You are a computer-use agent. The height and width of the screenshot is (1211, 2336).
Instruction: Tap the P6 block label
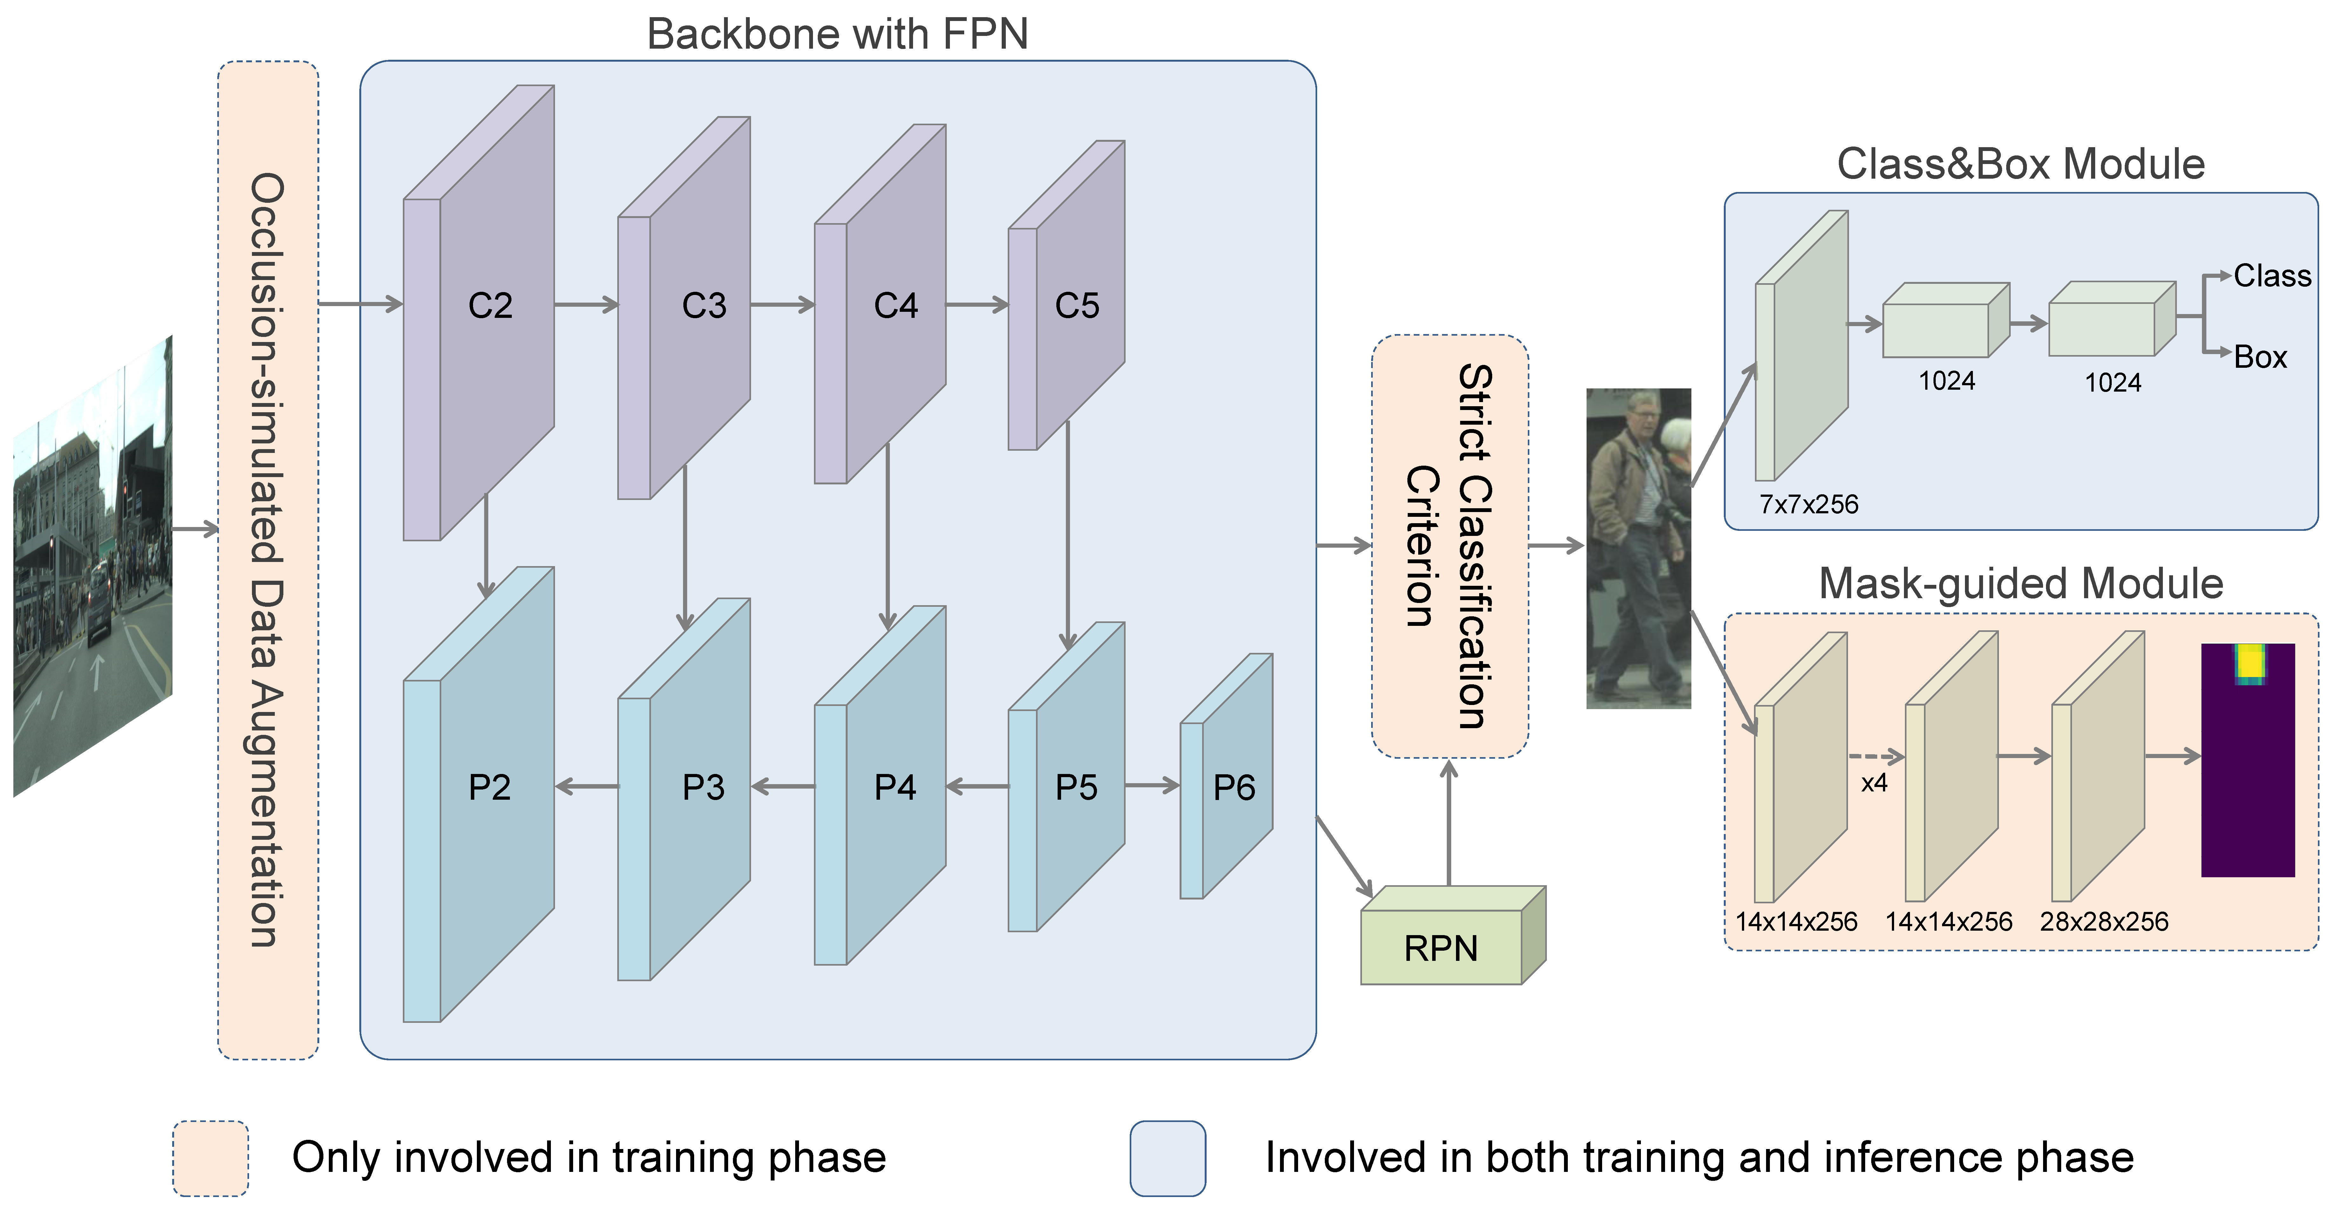1234,787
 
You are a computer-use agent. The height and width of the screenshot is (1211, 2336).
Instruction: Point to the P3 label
704,787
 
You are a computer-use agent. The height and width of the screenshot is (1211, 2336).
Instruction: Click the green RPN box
1453,935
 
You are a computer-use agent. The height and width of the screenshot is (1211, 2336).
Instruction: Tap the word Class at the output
2272,276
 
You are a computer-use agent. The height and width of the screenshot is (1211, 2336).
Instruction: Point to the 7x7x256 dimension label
1808,504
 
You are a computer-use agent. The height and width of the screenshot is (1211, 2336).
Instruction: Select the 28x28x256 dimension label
2104,922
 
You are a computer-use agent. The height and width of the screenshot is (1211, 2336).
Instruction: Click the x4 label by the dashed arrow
1874,783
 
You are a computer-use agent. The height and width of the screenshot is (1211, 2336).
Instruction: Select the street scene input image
92,567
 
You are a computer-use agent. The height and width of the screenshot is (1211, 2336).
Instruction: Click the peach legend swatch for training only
210,1158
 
